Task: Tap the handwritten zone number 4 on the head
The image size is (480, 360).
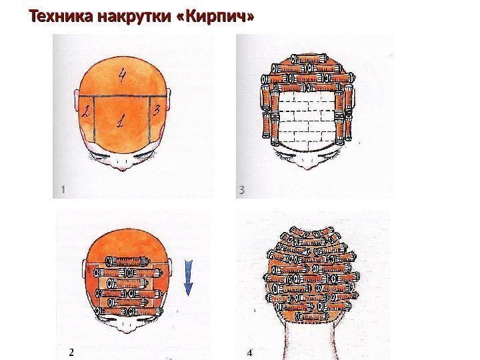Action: click(x=122, y=75)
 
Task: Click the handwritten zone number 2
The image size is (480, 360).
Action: click(x=85, y=111)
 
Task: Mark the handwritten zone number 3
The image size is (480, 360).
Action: click(x=157, y=110)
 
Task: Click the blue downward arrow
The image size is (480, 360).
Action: click(x=188, y=277)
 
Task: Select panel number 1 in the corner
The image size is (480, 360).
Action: click(x=63, y=190)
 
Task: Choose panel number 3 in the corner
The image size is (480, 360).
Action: click(x=241, y=190)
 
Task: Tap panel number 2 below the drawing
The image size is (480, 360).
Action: click(x=71, y=353)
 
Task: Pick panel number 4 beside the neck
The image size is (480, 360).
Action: click(x=250, y=353)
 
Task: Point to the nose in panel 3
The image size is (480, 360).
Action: click(x=307, y=165)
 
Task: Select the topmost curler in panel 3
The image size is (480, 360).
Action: click(x=309, y=58)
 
